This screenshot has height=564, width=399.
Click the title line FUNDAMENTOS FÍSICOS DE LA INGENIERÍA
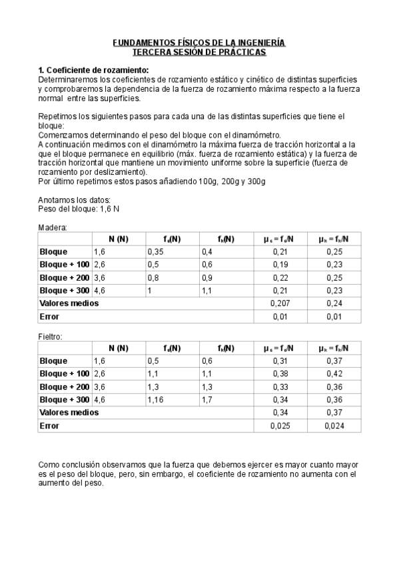point(199,43)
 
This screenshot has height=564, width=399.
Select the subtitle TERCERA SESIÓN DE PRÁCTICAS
point(199,52)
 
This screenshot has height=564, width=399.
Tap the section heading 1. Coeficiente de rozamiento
point(93,70)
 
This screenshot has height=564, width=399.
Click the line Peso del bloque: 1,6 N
point(79,208)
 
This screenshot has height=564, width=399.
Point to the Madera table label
point(53,227)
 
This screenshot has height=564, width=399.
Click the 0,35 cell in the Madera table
point(157,252)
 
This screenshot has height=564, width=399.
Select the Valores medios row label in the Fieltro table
point(69,412)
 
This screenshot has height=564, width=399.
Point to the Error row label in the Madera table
point(50,316)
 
